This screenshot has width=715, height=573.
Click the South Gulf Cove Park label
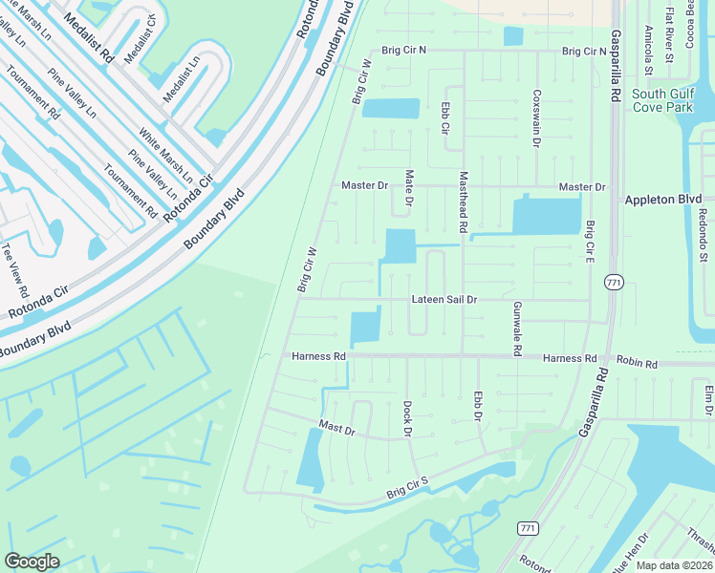pyautogui.click(x=661, y=100)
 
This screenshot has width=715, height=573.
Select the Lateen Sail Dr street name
pyautogui.click(x=444, y=300)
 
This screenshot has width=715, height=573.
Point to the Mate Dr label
pyautogui.click(x=409, y=188)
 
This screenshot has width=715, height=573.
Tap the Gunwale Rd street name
pyautogui.click(x=517, y=329)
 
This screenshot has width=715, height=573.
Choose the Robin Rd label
pyautogui.click(x=638, y=364)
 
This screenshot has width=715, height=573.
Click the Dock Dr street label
pyautogui.click(x=406, y=419)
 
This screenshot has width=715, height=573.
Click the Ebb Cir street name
pyautogui.click(x=445, y=117)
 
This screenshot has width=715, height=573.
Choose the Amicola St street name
pyautogui.click(x=648, y=51)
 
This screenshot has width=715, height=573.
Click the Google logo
pyautogui.click(x=32, y=562)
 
